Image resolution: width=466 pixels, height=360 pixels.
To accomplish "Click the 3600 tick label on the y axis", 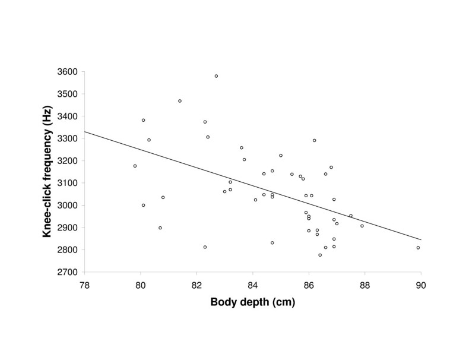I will click(66, 72).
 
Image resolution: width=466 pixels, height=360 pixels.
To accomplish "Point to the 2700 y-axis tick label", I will click(66, 272).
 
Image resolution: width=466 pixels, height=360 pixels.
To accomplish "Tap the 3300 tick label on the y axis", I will click(66, 138).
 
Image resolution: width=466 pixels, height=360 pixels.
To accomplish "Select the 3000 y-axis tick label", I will click(66, 206).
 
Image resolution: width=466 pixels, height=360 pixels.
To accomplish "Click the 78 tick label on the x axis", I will click(85, 283).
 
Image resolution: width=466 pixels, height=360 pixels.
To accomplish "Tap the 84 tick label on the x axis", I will click(253, 283).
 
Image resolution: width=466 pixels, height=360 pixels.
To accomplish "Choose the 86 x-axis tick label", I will click(309, 283).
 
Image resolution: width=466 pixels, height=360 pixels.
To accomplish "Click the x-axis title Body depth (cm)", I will click(252, 302).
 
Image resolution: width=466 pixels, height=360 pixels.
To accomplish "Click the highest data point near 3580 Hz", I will click(216, 76).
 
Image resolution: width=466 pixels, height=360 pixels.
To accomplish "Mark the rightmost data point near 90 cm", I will click(418, 248).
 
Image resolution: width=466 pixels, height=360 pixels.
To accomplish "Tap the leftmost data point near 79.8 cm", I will click(135, 166).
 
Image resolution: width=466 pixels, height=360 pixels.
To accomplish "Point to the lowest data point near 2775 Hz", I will click(320, 255).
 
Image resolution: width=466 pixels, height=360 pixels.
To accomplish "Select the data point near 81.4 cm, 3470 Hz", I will click(180, 101).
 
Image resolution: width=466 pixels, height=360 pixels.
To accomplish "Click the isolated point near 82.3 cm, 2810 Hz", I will click(205, 247).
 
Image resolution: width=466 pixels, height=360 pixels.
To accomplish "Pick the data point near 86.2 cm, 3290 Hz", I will click(314, 140).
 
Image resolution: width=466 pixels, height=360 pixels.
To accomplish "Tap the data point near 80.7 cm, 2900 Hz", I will click(160, 228).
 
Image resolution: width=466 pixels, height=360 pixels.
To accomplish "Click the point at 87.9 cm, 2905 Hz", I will click(362, 226).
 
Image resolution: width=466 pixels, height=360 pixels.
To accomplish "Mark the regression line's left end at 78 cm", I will click(85, 132).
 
